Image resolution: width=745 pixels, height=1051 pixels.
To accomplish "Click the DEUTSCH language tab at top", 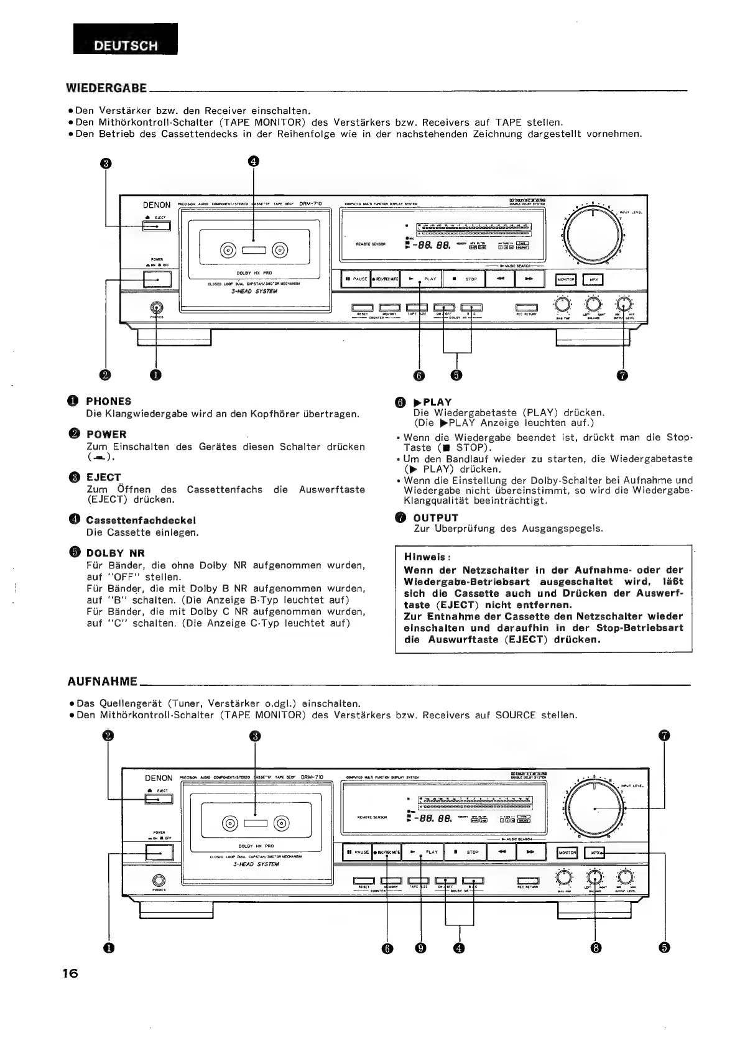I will click(x=126, y=45).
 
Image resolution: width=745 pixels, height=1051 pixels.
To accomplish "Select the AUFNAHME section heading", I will click(x=101, y=681).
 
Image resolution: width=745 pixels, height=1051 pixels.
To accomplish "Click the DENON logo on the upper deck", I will click(x=157, y=205).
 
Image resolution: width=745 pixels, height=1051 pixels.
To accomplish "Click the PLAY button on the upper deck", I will click(x=425, y=279).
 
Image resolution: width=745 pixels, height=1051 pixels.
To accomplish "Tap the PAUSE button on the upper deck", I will click(x=356, y=279).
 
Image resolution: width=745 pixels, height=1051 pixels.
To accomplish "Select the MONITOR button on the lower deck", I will click(x=567, y=853).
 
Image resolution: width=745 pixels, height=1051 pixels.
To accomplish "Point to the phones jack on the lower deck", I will click(x=159, y=880).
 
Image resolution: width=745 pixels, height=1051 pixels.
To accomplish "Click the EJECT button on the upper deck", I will click(x=156, y=226).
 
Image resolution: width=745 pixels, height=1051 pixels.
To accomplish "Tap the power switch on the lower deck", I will click(x=159, y=852).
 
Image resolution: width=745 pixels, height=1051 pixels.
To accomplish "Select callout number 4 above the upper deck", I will click(x=253, y=161).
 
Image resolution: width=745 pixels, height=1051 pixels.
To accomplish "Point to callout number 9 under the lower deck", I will click(x=422, y=948).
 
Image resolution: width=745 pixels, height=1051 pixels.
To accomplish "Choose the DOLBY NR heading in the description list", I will click(x=115, y=553).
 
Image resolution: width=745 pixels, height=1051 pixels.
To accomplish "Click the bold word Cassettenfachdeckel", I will click(x=141, y=520).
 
